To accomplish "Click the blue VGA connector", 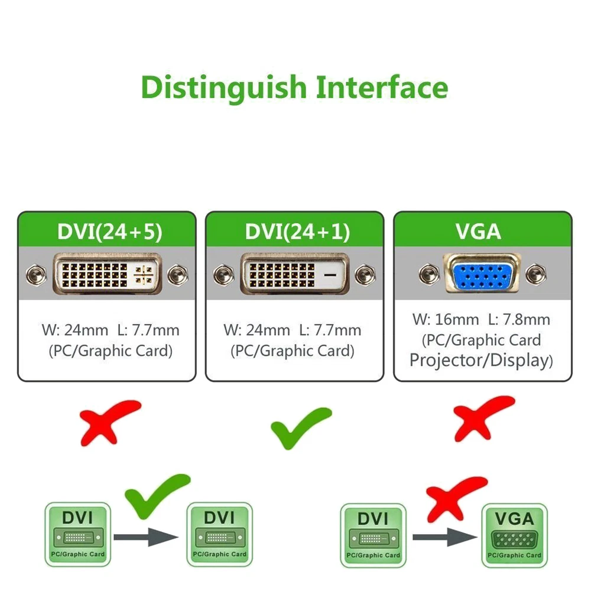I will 482,274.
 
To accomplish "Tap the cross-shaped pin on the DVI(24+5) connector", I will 144,275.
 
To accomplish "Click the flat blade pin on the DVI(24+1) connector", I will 332,275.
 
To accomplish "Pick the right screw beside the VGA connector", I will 535,274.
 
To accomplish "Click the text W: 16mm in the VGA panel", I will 445,320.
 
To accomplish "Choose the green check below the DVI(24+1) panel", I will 300,427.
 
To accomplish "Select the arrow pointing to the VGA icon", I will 444,537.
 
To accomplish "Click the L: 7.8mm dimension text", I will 518,320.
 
